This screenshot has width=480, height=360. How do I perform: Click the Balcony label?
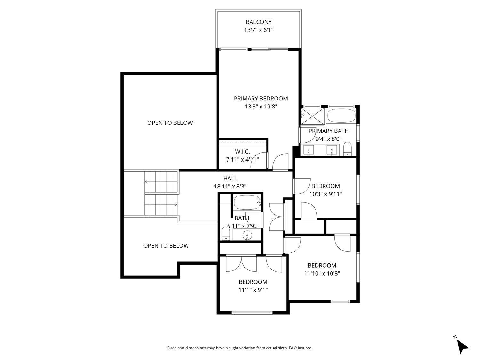(x=259, y=22)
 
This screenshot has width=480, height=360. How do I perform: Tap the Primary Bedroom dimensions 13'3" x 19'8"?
(x=261, y=107)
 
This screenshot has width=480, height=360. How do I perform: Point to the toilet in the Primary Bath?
(x=348, y=149)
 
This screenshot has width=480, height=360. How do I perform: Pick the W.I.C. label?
(x=242, y=152)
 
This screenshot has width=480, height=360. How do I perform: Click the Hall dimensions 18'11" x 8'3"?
(x=230, y=186)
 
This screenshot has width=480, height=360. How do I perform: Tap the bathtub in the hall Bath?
(x=247, y=202)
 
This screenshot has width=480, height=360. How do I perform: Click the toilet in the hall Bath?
(x=226, y=234)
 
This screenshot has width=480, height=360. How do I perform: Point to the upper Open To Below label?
(x=170, y=123)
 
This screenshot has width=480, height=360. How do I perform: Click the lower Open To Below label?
(x=166, y=246)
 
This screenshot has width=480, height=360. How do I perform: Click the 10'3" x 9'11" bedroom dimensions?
(x=325, y=194)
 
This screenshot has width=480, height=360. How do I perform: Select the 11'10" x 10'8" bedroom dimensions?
(x=322, y=273)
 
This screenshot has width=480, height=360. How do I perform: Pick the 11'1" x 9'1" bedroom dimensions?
(x=253, y=290)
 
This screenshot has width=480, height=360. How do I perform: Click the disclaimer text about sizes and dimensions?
(x=240, y=348)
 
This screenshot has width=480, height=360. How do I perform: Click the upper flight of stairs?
(x=161, y=182)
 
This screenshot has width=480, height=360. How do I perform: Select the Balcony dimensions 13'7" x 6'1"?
(x=259, y=30)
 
